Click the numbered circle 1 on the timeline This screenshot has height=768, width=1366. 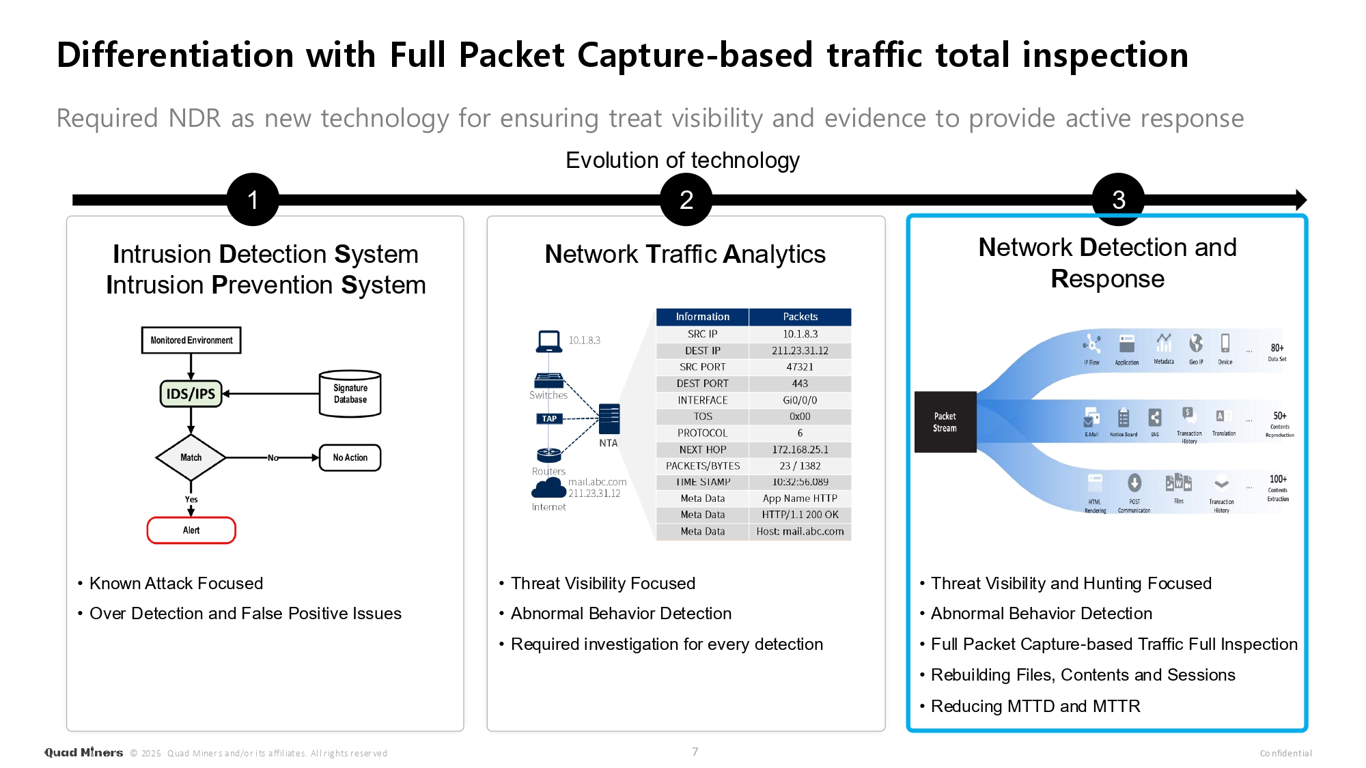coord(253,199)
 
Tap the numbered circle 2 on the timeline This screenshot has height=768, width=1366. coord(686,199)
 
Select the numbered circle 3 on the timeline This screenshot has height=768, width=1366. coord(1118,199)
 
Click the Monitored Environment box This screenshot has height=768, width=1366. coord(191,340)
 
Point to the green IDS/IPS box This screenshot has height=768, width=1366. coord(191,394)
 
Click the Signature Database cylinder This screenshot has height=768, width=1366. coord(350,394)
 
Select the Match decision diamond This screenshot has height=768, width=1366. coord(191,457)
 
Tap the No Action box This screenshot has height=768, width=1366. coord(350,457)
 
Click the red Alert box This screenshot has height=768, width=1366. coord(191,530)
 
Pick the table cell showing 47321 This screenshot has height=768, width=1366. coord(800,367)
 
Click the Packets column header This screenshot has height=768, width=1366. coord(800,317)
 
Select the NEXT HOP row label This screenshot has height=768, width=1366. coord(702,450)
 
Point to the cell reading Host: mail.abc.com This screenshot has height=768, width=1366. coord(800,532)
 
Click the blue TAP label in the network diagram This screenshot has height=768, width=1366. coord(549,418)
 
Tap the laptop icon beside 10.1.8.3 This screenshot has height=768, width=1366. coord(549,341)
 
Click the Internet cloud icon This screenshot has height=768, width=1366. coord(548,488)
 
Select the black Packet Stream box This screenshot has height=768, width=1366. coord(945,422)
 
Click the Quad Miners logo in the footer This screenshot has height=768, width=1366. coord(83,752)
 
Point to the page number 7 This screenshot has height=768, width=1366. coord(695,752)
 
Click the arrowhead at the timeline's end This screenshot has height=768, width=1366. coord(1300,199)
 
